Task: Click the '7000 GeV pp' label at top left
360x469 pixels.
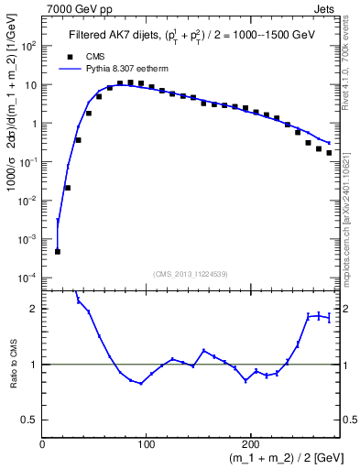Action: (73, 8)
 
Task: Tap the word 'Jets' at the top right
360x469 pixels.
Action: (325, 8)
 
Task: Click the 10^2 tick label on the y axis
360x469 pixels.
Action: (29, 46)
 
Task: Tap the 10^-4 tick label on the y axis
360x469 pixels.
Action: (28, 277)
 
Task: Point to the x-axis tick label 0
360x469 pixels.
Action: (43, 445)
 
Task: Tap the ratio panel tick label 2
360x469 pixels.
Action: (34, 309)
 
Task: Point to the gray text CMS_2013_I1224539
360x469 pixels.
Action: (191, 273)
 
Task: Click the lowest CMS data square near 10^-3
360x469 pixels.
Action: (57, 251)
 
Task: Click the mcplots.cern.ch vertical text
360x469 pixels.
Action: (351, 211)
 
